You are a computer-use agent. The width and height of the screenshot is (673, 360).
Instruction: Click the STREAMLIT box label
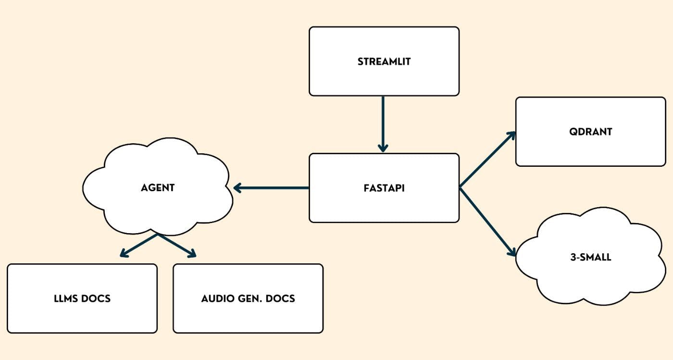[x=384, y=62]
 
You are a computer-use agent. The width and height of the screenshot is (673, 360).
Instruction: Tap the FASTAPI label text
[x=384, y=188]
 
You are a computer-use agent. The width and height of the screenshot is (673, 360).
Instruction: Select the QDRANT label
[x=590, y=132]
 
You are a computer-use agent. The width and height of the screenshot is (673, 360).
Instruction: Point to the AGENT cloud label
[x=158, y=187]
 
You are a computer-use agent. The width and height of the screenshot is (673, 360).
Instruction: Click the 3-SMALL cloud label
[x=590, y=257]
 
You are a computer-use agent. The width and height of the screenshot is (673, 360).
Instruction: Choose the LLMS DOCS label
[x=82, y=298]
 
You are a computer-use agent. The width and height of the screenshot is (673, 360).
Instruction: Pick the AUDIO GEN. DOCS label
[x=248, y=298]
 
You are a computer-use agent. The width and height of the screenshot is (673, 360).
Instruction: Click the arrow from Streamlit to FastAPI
[x=383, y=123]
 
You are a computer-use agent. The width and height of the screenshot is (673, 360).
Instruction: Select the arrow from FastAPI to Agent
[x=272, y=187]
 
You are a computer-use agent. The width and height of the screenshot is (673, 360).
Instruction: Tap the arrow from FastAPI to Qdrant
[x=486, y=160]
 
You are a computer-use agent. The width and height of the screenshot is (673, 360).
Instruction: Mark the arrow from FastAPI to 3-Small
[x=486, y=219]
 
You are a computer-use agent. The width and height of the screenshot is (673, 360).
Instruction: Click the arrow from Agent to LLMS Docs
[x=139, y=245]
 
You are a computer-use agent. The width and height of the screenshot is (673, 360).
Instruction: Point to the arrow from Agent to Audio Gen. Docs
[x=177, y=245]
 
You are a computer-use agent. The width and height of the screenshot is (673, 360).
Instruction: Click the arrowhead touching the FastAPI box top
[x=383, y=148]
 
